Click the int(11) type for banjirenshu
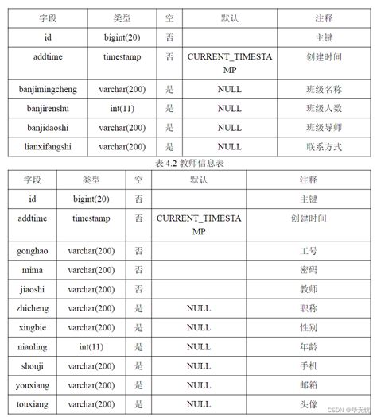pyautogui.click(x=122, y=108)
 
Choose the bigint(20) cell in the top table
pyautogui.click(x=122, y=37)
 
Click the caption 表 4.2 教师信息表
pyautogui.click(x=188, y=162)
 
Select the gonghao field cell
pyautogui.click(x=33, y=250)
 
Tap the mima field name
pyautogui.click(x=33, y=270)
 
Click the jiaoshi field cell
pyautogui.click(x=33, y=289)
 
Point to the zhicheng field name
pyautogui.click(x=33, y=308)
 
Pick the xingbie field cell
pyautogui.click(x=33, y=327)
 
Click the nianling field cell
pyautogui.click(x=33, y=346)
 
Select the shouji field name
pyautogui.click(x=33, y=366)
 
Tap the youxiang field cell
pyautogui.click(x=33, y=385)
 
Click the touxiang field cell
pyautogui.click(x=33, y=404)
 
